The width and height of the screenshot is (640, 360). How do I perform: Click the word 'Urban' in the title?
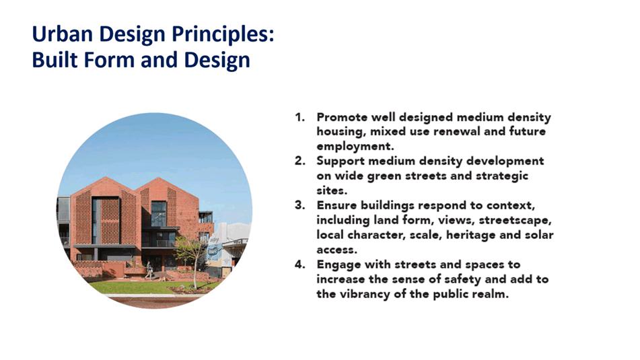point(63,34)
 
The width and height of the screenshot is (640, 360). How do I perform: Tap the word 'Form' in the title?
point(110,60)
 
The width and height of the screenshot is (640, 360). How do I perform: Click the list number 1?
point(300,117)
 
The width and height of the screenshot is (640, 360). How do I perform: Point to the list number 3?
point(300,205)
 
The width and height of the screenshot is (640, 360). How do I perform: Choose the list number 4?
point(300,264)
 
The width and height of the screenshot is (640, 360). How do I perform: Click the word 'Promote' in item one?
point(342,117)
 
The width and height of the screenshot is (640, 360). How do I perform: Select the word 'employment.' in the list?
point(355,147)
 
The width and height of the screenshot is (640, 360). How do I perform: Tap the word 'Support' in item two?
point(341,161)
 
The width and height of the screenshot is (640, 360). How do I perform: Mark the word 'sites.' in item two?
point(332,190)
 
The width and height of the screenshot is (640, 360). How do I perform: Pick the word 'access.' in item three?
point(336,250)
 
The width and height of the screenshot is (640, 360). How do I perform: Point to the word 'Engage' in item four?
point(339,265)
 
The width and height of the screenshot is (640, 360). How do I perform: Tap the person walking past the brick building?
point(149,271)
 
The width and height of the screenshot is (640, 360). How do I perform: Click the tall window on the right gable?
point(158,214)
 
